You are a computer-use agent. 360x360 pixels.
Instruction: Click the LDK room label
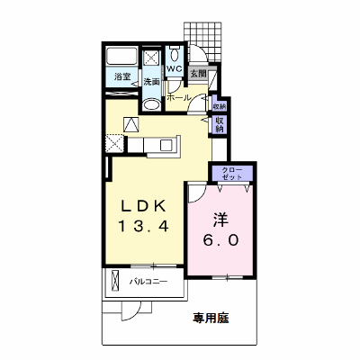[x=143, y=206]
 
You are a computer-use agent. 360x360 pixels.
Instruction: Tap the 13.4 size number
[x=143, y=226]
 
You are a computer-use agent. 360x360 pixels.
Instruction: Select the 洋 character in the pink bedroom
[x=221, y=220]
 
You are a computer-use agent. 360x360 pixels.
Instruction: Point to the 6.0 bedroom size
[x=221, y=240]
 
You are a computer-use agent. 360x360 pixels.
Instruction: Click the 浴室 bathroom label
[x=122, y=76]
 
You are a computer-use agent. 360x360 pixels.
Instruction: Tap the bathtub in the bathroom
[x=122, y=56]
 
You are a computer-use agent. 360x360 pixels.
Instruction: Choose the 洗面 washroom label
[x=151, y=82]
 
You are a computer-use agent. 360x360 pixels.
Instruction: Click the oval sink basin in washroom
[x=151, y=105]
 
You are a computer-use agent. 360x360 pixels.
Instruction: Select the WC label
[x=175, y=68]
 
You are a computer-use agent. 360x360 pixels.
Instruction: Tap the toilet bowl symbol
[x=174, y=54]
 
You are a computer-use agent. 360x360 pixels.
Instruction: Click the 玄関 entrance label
[x=199, y=74]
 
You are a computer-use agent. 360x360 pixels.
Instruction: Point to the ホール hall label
[x=179, y=97]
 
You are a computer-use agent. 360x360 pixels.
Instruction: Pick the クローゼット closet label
[x=232, y=173]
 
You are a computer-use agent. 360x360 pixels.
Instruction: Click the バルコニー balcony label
[x=148, y=282]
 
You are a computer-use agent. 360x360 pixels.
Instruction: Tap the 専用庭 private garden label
[x=211, y=318]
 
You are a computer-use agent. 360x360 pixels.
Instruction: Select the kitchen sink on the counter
[x=166, y=146]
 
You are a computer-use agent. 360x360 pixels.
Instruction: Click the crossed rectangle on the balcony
[x=115, y=281]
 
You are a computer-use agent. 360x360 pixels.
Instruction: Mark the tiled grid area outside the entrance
[x=203, y=41]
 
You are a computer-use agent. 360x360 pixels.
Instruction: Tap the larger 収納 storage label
[x=220, y=125]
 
